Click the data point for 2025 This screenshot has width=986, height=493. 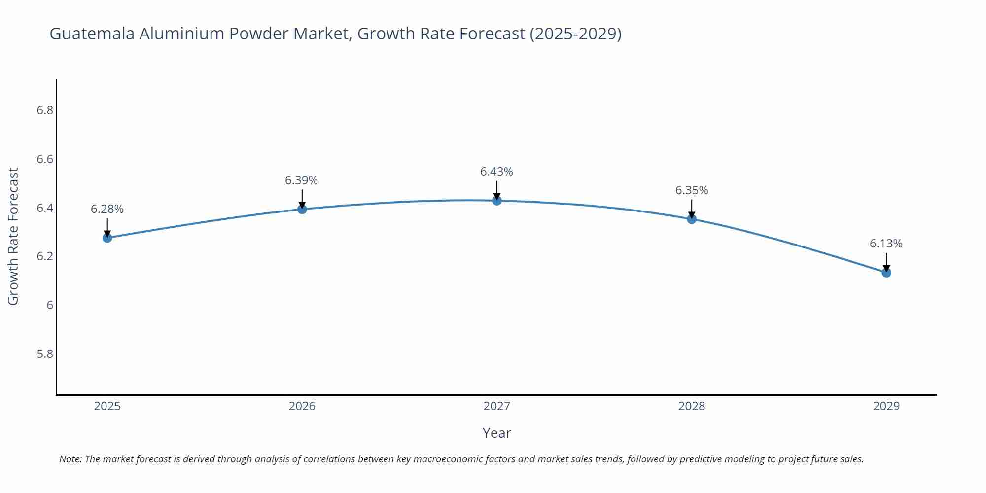(x=107, y=238)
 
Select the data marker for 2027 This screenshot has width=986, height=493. (x=497, y=201)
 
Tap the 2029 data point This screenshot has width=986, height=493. (x=886, y=273)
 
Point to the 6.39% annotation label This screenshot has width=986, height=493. (x=301, y=180)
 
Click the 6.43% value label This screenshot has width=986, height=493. (x=496, y=172)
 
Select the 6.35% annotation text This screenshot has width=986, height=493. (x=692, y=190)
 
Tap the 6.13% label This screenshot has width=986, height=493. (x=886, y=244)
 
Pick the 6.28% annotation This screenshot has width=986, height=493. (x=107, y=209)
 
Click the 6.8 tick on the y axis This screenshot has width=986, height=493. (x=45, y=110)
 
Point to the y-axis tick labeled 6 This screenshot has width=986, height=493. (x=50, y=305)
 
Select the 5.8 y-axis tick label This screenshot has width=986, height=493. (x=45, y=354)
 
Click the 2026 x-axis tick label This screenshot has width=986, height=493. (x=302, y=406)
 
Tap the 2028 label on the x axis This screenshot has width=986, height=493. (x=692, y=406)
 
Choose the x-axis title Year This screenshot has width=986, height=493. (x=496, y=433)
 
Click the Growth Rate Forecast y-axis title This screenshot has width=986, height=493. (x=13, y=236)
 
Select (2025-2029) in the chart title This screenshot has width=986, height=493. (x=575, y=34)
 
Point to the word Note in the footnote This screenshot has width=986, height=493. (x=70, y=459)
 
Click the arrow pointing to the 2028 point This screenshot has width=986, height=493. (x=692, y=210)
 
